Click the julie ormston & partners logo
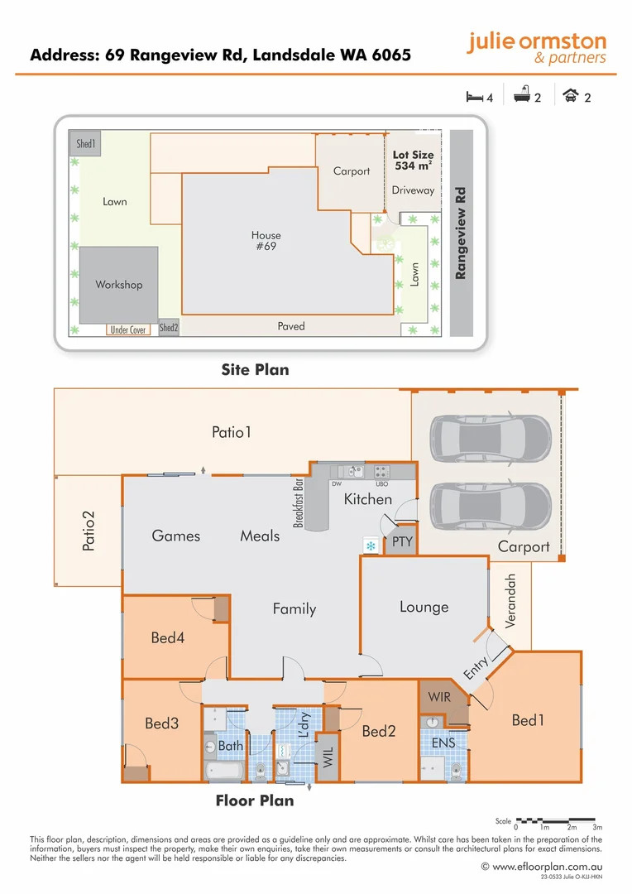pyautogui.click(x=536, y=48)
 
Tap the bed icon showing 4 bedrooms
pyautogui.click(x=475, y=97)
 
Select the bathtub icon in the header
pyautogui.click(x=521, y=97)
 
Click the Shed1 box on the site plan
pyautogui.click(x=86, y=143)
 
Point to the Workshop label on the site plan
pyautogui.click(x=118, y=285)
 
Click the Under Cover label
pyautogui.click(x=128, y=329)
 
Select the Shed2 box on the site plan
pyautogui.click(x=169, y=328)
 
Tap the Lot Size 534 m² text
pyautogui.click(x=413, y=161)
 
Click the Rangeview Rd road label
pyautogui.click(x=461, y=233)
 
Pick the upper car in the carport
pyautogui.click(x=490, y=436)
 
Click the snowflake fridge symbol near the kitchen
pyautogui.click(x=371, y=546)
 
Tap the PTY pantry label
pyautogui.click(x=402, y=542)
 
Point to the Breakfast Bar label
pyautogui.click(x=299, y=502)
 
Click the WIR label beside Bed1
pyautogui.click(x=440, y=697)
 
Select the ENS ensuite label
pyautogui.click(x=443, y=743)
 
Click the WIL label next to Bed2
pyautogui.click(x=328, y=757)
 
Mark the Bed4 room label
pyautogui.click(x=168, y=638)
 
